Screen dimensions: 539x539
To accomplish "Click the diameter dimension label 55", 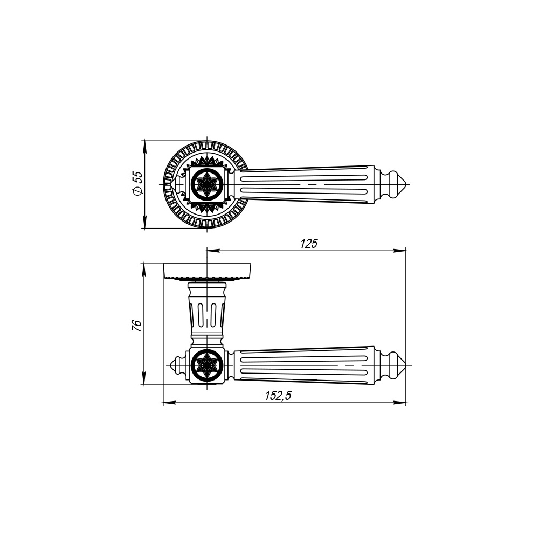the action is click(137, 177).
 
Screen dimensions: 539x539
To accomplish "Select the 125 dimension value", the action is click(309, 244).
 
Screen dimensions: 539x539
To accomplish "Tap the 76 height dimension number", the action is click(136, 325).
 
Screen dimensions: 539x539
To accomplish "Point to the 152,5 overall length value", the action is click(278, 396).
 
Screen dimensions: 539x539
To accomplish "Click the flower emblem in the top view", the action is click(208, 184).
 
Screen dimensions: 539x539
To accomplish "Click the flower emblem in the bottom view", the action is click(208, 365).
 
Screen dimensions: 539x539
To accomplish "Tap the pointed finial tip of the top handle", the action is click(407, 184).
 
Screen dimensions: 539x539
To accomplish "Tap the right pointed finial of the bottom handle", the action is click(406, 365).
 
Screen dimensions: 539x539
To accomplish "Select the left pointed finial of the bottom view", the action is click(171, 365).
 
